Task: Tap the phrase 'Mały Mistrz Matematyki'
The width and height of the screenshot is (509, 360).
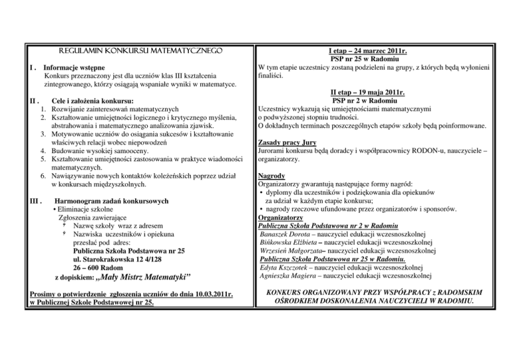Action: [144, 276]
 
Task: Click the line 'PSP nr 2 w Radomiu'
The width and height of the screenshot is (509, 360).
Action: [377, 100]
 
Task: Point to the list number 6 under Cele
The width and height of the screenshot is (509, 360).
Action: [43, 176]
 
